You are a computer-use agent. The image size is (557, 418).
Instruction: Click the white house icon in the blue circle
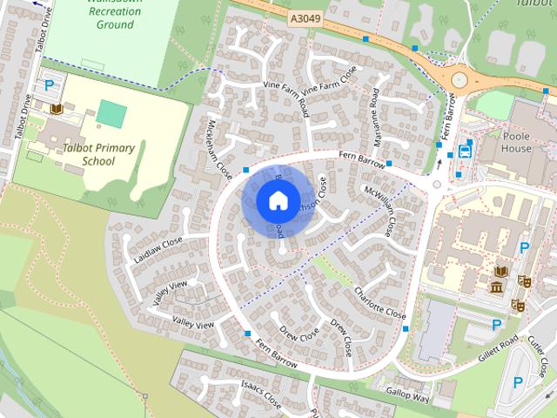click(x=278, y=201)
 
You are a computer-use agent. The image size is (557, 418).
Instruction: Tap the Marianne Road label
click(x=375, y=123)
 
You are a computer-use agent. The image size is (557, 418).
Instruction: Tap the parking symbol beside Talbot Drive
click(x=50, y=85)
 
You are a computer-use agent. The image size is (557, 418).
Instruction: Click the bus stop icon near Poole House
click(x=465, y=150)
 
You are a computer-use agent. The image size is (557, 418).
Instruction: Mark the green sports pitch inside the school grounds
click(x=111, y=111)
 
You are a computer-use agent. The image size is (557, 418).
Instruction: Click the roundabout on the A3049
click(x=459, y=80)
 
